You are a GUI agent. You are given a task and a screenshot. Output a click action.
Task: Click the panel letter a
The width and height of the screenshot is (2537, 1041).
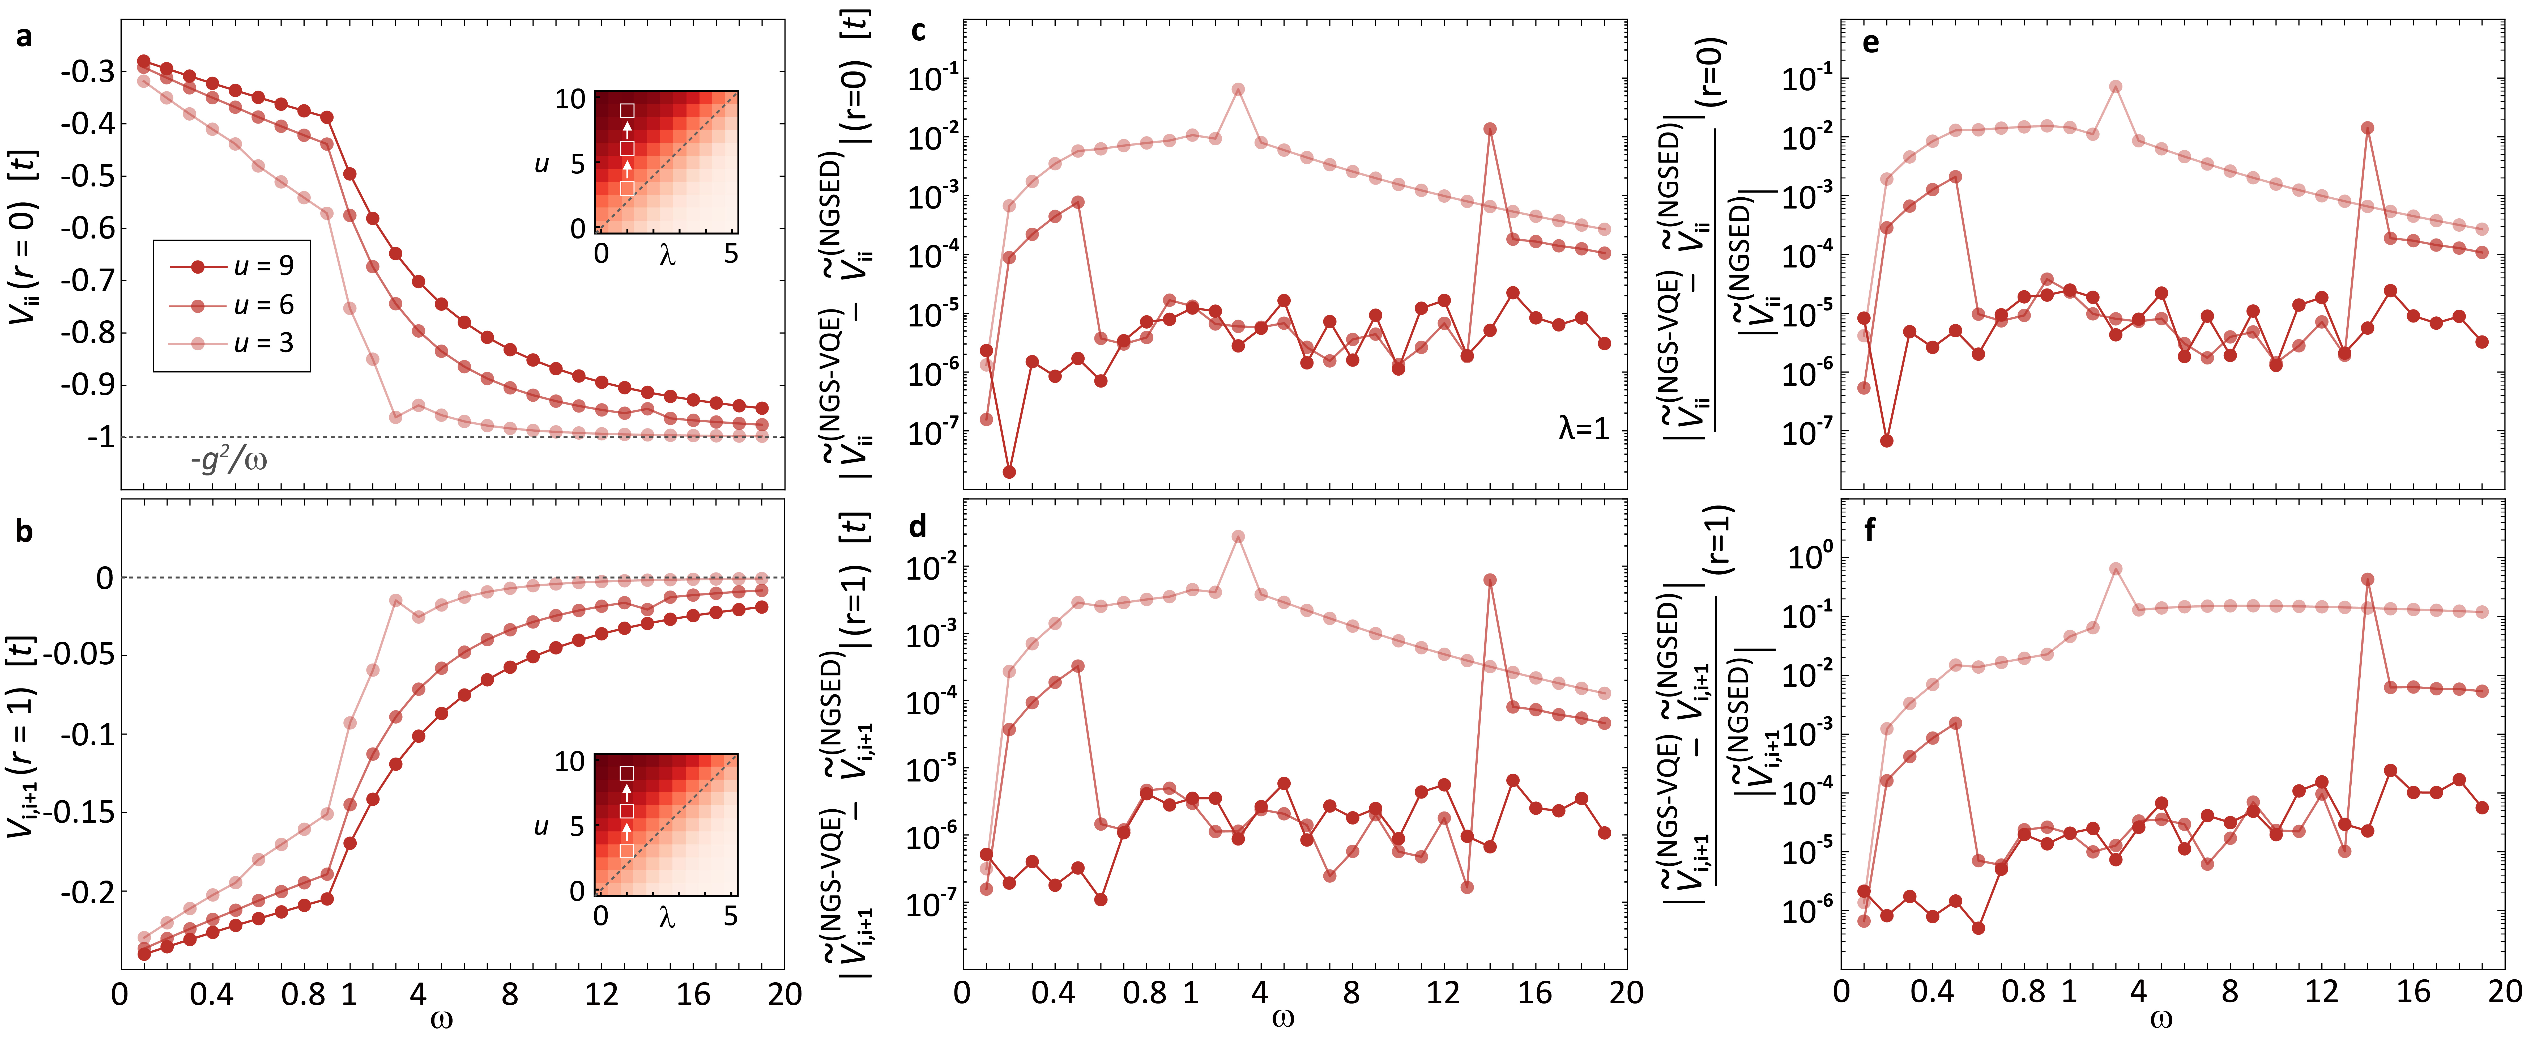pos(24,37)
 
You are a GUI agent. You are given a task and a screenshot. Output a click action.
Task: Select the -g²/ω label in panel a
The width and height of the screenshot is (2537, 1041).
pos(228,459)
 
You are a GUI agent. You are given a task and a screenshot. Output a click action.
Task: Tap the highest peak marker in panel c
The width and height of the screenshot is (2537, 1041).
pos(1238,90)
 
